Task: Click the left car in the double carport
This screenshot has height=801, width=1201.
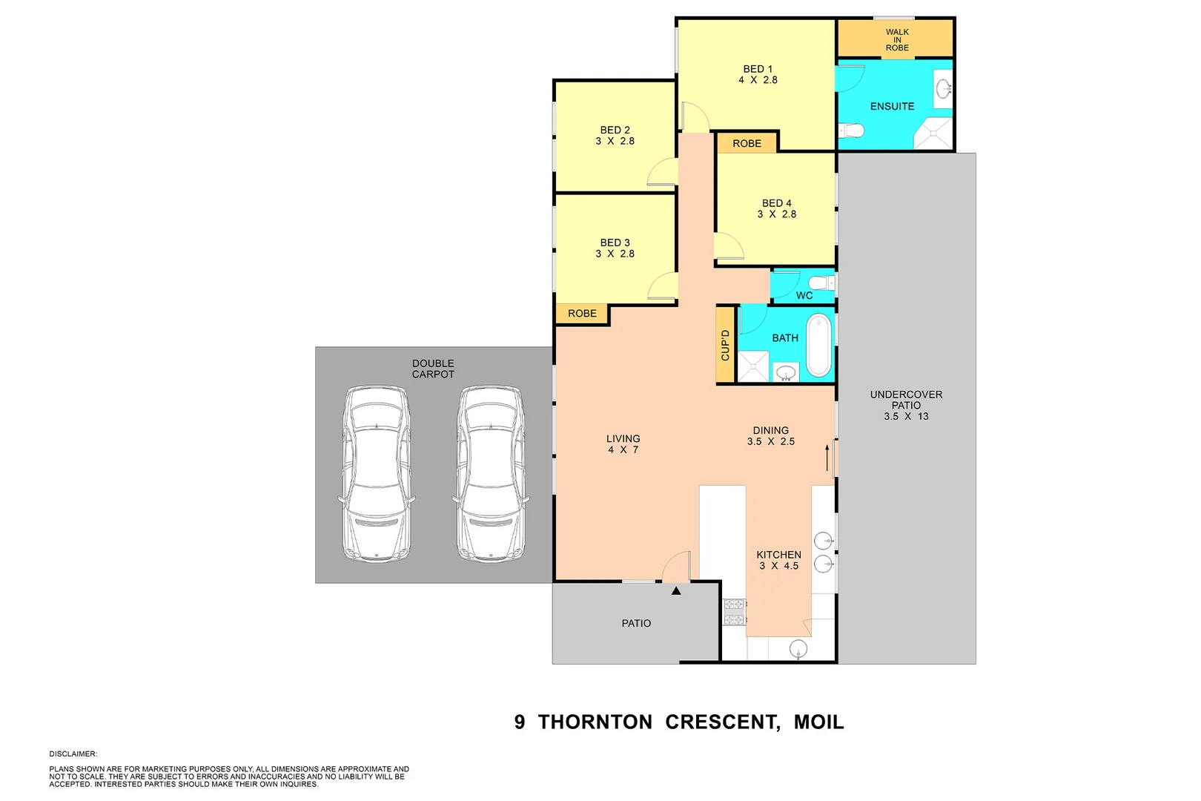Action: [x=377, y=473]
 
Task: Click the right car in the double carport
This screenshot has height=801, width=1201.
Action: [x=492, y=473]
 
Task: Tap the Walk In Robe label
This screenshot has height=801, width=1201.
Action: [x=897, y=40]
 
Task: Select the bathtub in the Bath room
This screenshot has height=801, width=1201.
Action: [x=818, y=345]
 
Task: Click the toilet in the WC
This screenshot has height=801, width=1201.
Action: [x=819, y=283]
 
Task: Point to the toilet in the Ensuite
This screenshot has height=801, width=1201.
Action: [x=853, y=131]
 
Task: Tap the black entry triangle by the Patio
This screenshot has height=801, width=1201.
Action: [x=676, y=591]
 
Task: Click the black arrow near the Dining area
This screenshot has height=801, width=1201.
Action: [x=827, y=457]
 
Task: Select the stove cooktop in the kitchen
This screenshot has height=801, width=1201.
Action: [x=734, y=613]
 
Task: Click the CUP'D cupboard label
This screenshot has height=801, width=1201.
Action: [x=725, y=345]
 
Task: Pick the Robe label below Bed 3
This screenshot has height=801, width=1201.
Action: [x=582, y=314]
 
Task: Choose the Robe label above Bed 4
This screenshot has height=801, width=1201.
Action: [x=747, y=144]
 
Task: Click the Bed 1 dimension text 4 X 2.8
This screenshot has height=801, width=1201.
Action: [x=758, y=80]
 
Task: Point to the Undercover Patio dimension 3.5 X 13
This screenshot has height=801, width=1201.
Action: [x=906, y=417]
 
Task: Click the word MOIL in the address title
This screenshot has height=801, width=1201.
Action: [x=818, y=722]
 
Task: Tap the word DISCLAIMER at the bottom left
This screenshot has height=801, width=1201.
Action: [x=73, y=754]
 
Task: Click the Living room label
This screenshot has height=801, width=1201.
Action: [x=623, y=439]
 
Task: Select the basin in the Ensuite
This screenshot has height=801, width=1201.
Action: [x=944, y=89]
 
